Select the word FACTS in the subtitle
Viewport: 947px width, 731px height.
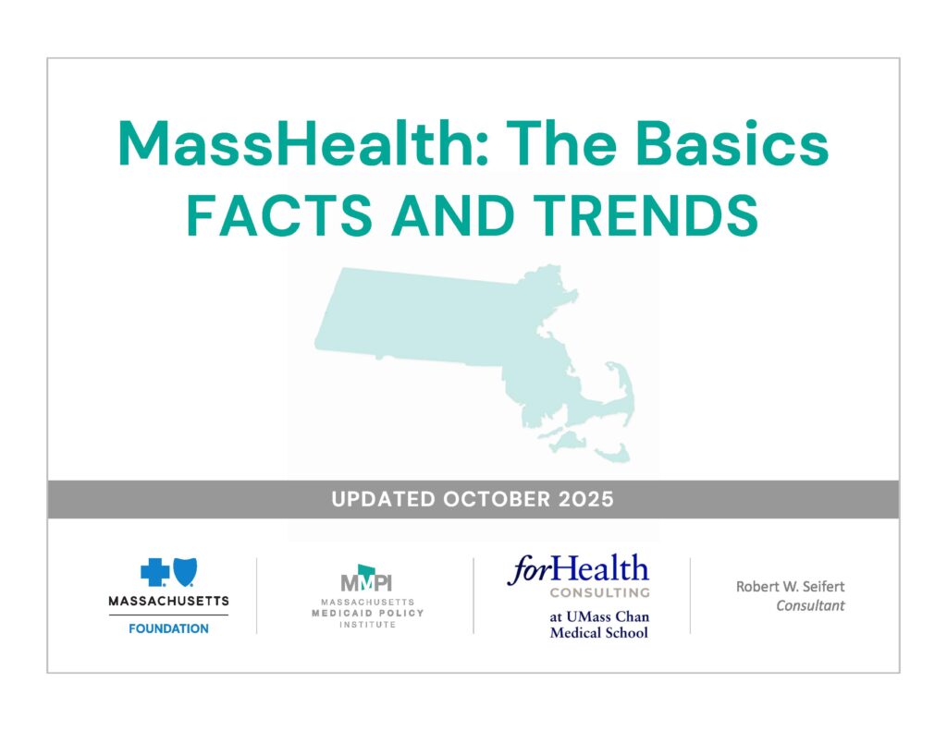pos(279,215)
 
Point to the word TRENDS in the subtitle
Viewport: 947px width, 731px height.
pos(646,215)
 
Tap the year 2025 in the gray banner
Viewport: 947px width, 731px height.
pos(585,499)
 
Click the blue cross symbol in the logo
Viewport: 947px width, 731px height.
pos(154,572)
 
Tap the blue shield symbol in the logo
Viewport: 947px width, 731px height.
pos(185,572)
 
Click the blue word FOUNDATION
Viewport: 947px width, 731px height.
pos(168,628)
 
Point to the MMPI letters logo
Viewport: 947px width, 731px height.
pos(366,579)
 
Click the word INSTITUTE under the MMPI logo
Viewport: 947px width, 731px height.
pos(368,624)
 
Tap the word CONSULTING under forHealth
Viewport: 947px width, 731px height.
pos(599,592)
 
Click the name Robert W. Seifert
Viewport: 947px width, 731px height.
pos(790,586)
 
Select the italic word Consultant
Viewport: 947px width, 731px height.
pos(810,605)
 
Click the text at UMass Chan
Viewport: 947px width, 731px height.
pos(599,616)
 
